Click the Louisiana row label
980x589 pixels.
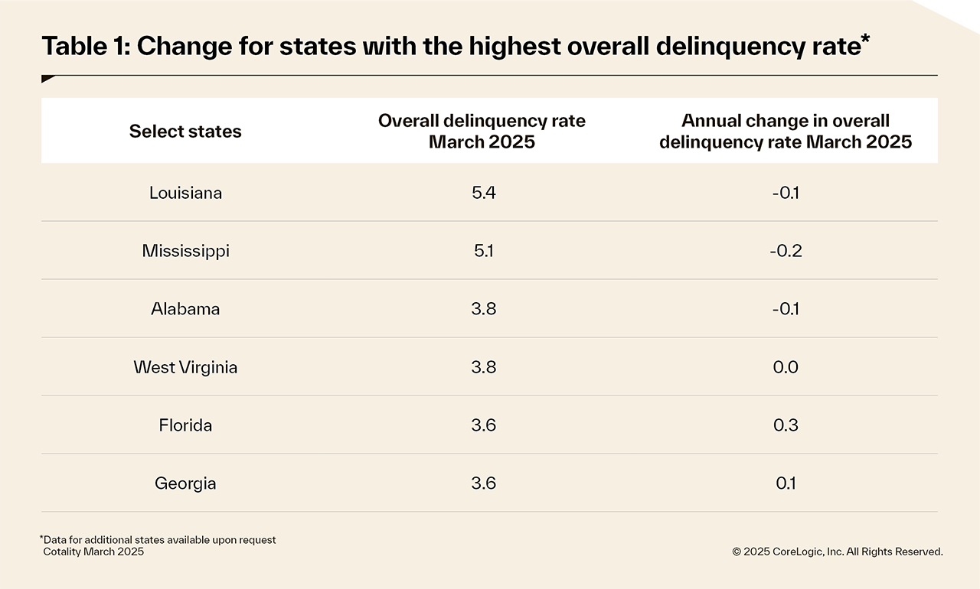(185, 193)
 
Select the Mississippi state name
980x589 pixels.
(185, 251)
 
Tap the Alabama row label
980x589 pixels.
(185, 309)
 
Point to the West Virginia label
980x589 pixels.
(185, 367)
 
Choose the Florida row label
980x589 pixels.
(185, 425)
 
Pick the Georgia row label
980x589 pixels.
(185, 483)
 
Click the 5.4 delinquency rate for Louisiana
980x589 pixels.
(484, 193)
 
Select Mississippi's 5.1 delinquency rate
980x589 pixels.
(484, 251)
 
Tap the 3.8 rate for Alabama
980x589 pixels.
(484, 309)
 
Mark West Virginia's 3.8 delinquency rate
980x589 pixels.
(484, 367)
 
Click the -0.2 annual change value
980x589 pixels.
(786, 251)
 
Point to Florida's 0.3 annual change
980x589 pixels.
(786, 425)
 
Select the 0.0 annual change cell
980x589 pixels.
(786, 367)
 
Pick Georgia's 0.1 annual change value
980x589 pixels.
(786, 483)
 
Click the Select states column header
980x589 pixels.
(185, 132)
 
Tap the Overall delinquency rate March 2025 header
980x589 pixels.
(482, 132)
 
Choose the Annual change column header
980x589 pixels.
(786, 132)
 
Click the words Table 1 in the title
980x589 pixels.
(84, 47)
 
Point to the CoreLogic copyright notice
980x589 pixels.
(838, 551)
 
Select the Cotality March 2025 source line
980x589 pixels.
(93, 552)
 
